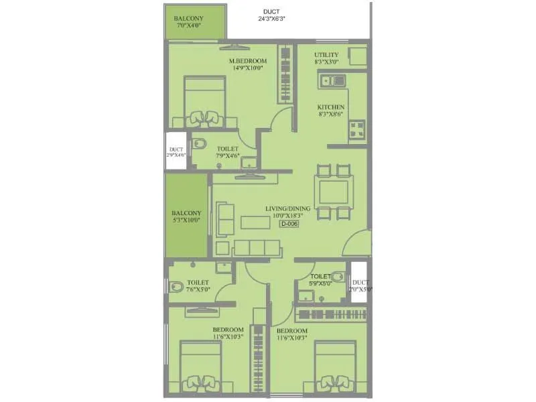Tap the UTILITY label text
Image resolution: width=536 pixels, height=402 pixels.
pyautogui.click(x=326, y=54)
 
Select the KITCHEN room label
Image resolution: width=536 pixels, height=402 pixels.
pyautogui.click(x=331, y=107)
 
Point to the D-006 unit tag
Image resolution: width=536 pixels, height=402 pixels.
pyautogui.click(x=289, y=224)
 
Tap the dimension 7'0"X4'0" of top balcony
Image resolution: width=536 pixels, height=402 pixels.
pyautogui.click(x=188, y=25)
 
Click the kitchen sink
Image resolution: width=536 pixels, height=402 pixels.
pyautogui.click(x=333, y=81)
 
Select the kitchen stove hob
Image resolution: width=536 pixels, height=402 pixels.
pyautogui.click(x=356, y=128)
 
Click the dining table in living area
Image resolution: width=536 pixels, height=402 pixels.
pyautogui.click(x=334, y=191)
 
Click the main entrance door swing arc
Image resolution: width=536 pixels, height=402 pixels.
pyautogui.click(x=358, y=243)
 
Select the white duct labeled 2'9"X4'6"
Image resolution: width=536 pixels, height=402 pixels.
pyautogui.click(x=177, y=151)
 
